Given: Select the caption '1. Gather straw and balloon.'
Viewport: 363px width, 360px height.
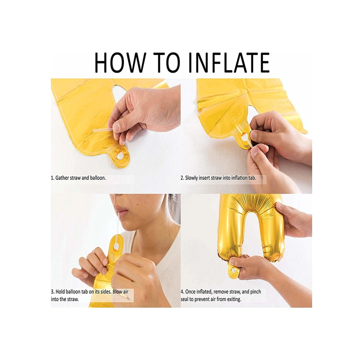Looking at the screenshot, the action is [x=78, y=178].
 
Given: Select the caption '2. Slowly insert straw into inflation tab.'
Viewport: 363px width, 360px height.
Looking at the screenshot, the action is [x=218, y=178].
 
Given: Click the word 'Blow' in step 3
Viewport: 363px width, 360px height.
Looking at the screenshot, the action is [x=118, y=291].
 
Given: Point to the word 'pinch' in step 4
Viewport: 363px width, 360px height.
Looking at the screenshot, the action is [x=255, y=292].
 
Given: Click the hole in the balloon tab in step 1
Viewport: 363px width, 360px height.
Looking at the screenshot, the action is [x=120, y=155].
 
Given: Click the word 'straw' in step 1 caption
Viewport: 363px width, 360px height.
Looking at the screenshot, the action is [x=75, y=178].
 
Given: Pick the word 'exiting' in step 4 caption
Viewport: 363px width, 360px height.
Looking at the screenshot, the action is [x=234, y=299].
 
